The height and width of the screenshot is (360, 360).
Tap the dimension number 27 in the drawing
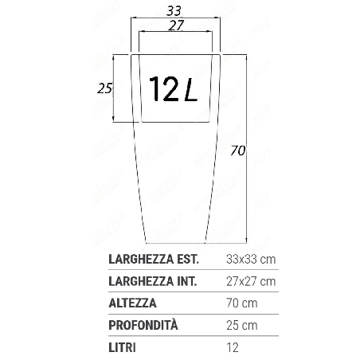pos(177,25)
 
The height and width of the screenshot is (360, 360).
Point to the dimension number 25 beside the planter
pos(104,88)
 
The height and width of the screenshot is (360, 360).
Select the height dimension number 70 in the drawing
pos(237,149)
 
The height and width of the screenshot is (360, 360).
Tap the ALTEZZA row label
pos(133,303)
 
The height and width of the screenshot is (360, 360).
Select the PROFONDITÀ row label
pos(143,326)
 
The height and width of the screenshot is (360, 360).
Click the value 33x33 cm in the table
pos(252,259)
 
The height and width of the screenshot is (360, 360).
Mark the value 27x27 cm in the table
pos(252,281)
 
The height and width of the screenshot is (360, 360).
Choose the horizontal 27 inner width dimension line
pos(177,33)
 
